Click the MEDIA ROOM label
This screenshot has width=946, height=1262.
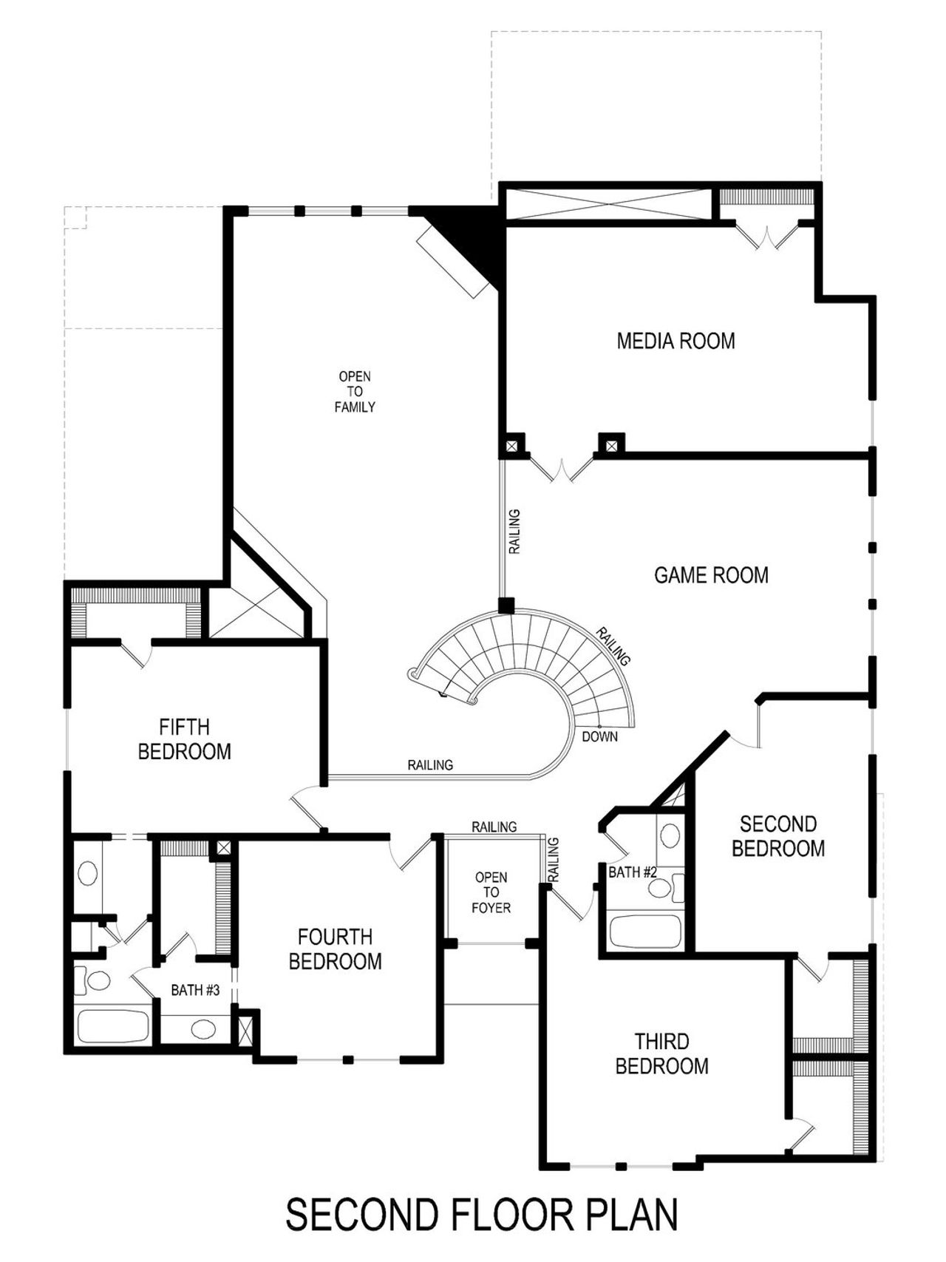(676, 341)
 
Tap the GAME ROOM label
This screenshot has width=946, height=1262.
(711, 574)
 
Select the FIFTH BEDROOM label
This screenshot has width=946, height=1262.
(184, 739)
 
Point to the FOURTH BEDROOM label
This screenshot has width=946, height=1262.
(335, 949)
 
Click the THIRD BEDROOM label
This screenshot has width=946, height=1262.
(661, 1054)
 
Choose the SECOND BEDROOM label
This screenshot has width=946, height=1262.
(778, 835)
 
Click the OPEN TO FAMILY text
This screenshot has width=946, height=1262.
(355, 391)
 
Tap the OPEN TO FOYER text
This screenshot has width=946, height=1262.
(491, 892)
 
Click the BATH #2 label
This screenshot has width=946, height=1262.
(633, 872)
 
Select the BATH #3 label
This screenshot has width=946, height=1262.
(195, 990)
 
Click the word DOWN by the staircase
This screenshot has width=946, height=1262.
(599, 736)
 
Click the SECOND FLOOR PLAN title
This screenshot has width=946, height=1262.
(481, 1214)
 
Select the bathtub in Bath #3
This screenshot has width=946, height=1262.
(113, 1027)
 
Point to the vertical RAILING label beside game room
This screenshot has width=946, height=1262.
(514, 532)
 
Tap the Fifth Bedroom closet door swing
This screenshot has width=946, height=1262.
(136, 654)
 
